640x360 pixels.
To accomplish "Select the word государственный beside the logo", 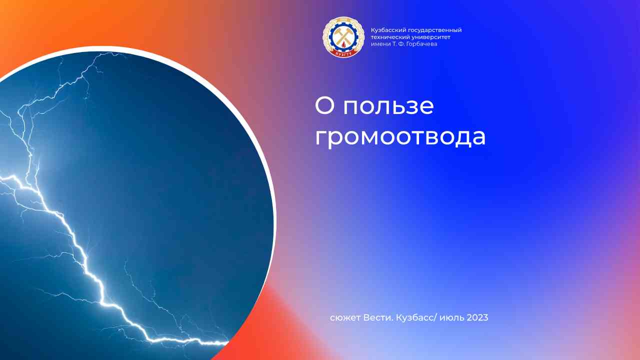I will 434,30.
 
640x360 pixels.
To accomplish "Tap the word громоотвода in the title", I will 400,137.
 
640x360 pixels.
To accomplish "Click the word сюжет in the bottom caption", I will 343,318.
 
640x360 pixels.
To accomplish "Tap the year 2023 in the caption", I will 477,317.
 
